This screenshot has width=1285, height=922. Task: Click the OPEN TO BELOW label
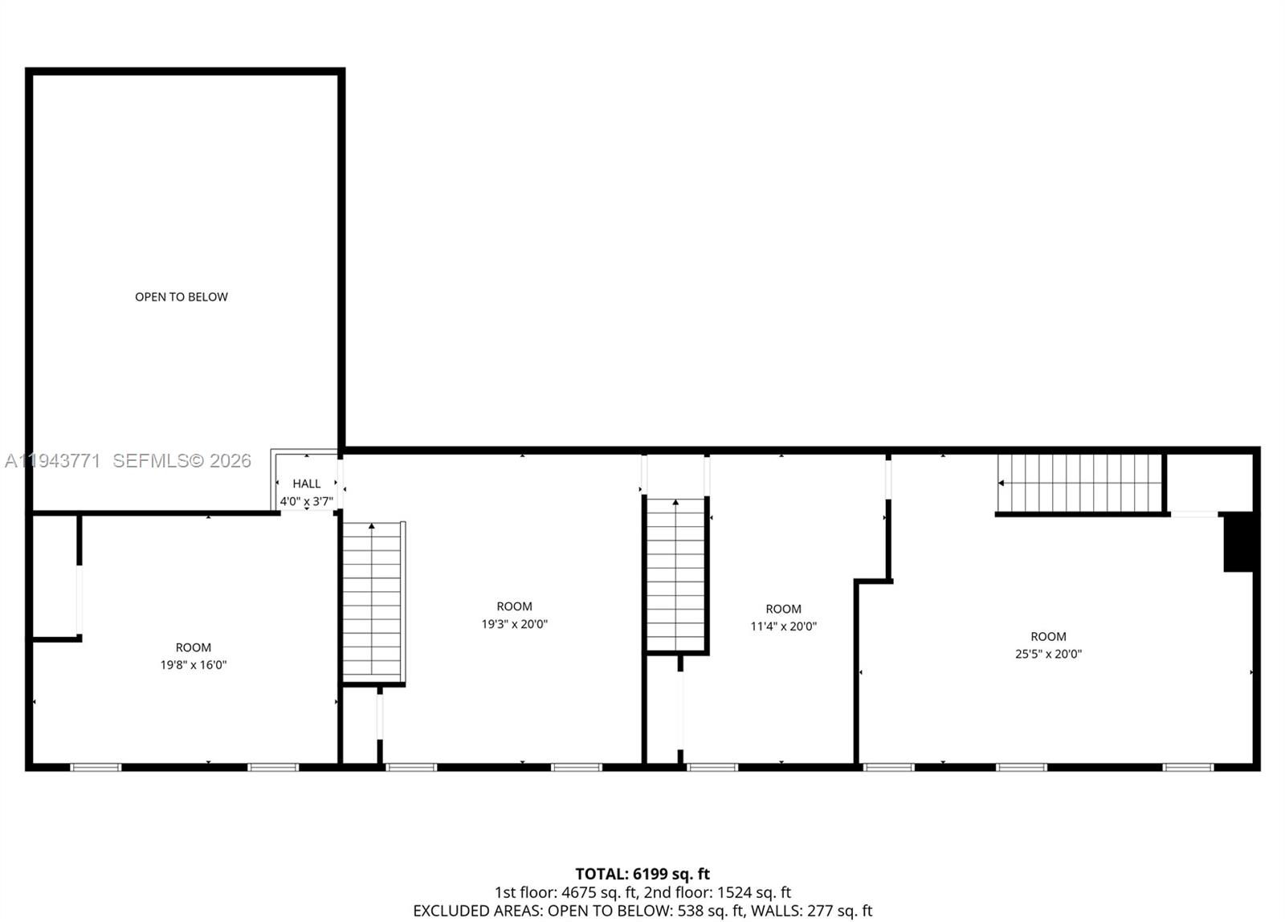point(182,297)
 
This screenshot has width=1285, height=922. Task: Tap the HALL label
point(306,483)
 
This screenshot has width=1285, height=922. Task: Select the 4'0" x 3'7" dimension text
point(306,502)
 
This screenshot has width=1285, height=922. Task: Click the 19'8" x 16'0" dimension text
point(194,665)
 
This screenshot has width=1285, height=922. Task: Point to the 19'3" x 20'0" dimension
point(514,624)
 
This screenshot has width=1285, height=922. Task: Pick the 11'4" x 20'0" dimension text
point(783,626)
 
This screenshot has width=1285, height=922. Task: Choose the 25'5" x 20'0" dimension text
point(1048,654)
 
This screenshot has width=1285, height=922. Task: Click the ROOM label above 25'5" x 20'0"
point(1048,636)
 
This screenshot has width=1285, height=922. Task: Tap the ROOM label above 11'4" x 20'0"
point(783,609)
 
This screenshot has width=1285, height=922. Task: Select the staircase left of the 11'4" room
point(676,574)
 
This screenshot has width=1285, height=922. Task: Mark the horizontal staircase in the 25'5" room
point(1080,483)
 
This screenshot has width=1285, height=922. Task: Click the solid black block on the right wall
point(1238,542)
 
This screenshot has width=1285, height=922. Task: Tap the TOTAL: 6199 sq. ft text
point(642,874)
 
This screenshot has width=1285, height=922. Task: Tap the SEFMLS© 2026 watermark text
point(182,461)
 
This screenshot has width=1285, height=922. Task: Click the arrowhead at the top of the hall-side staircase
point(372,527)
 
